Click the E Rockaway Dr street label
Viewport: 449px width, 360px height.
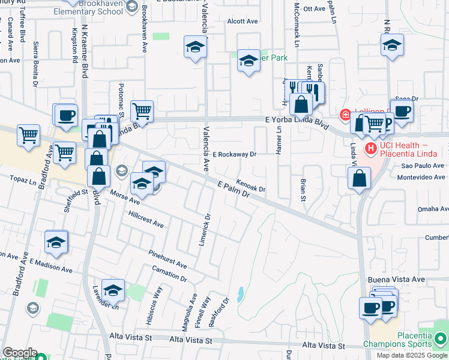click(x=234, y=154)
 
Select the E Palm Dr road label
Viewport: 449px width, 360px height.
click(x=233, y=190)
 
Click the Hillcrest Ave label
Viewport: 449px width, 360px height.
click(x=142, y=219)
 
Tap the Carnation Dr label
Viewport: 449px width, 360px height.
click(x=169, y=273)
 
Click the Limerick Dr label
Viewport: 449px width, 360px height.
click(x=204, y=232)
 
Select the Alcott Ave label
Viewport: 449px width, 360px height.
click(x=242, y=21)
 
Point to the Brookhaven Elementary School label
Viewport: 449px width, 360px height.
click(x=88, y=7)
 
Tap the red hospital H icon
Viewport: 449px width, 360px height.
click(x=370, y=147)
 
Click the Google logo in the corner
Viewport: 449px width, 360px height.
click(x=19, y=353)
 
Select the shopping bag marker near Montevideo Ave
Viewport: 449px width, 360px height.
click(x=358, y=178)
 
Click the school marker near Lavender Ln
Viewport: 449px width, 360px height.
click(x=113, y=290)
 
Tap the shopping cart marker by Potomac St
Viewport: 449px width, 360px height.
click(x=142, y=110)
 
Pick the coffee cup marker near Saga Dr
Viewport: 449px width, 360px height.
click(x=402, y=110)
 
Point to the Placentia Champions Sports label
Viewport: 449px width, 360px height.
click(x=406, y=340)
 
